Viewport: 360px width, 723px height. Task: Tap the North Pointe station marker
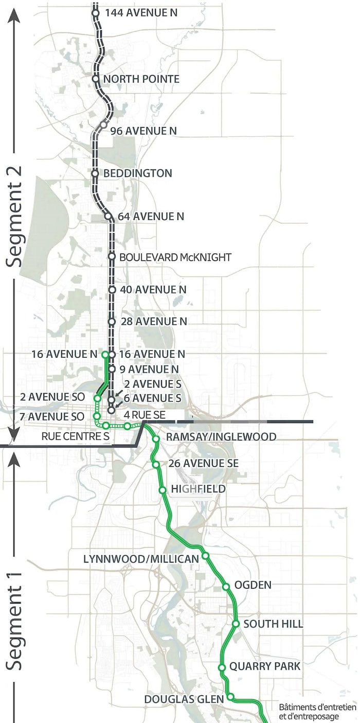(96, 79)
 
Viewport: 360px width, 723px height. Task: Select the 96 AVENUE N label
(143, 131)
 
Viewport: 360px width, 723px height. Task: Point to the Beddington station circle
(95, 173)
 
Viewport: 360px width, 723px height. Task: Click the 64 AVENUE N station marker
(109, 216)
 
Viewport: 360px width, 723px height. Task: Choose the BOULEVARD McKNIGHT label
(175, 257)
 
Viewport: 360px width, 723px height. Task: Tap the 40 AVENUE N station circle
(112, 290)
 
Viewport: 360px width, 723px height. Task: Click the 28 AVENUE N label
(153, 322)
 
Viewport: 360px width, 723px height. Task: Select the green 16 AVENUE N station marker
(105, 355)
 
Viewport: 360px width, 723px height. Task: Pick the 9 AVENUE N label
(149, 369)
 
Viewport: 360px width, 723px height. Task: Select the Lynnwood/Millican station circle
(205, 556)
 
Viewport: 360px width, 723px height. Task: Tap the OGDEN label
(253, 585)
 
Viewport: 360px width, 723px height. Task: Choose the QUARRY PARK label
(265, 666)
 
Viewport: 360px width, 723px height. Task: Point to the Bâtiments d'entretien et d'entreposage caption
(317, 712)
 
